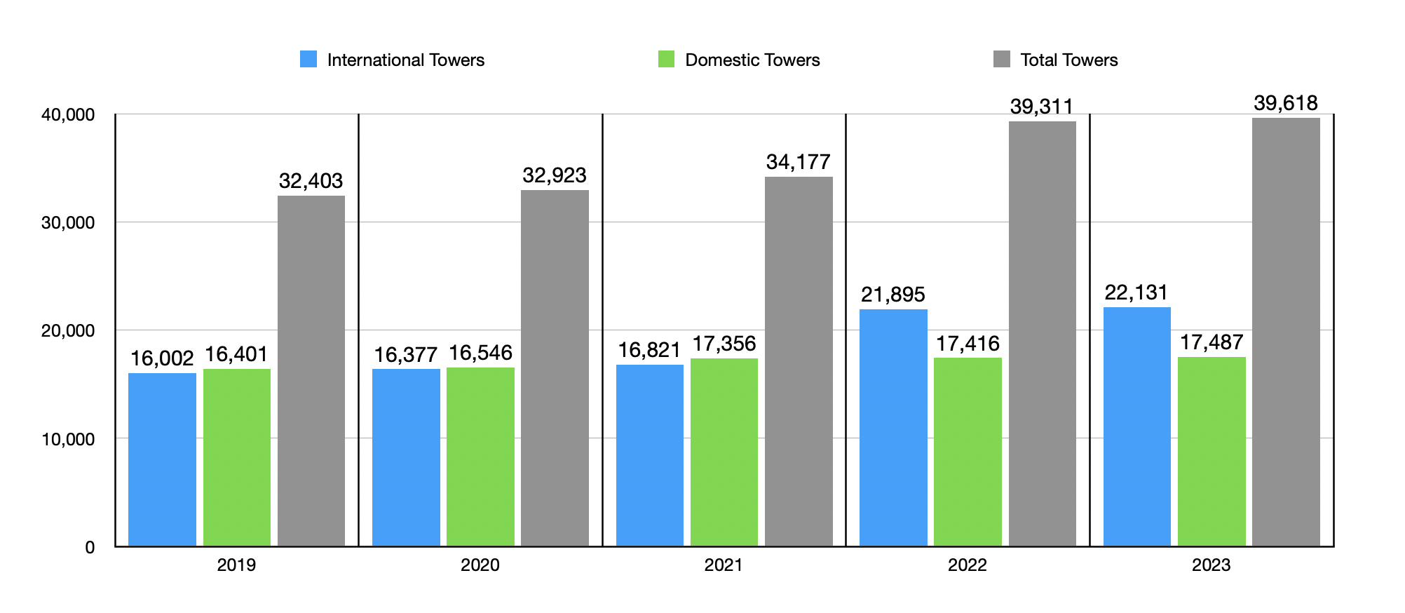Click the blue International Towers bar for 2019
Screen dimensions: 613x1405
click(162, 459)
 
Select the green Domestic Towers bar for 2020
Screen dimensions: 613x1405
click(480, 457)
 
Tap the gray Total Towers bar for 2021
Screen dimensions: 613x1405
click(799, 361)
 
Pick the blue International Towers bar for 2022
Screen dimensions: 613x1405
click(893, 428)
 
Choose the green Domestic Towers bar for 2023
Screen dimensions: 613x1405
click(1211, 452)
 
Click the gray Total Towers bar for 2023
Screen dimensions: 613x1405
click(1286, 332)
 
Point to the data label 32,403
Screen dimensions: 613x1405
click(311, 181)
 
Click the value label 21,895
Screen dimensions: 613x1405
click(893, 295)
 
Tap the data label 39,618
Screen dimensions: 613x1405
click(1286, 104)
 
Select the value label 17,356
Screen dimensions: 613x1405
click(724, 344)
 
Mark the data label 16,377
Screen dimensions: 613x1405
click(406, 355)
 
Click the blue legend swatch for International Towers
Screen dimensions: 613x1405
click(308, 60)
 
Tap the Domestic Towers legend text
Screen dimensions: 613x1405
click(752, 60)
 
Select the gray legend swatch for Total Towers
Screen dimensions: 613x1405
click(1002, 60)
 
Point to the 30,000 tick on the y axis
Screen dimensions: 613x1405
click(68, 223)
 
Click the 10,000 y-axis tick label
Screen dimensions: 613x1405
click(68, 440)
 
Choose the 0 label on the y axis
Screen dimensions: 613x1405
click(90, 548)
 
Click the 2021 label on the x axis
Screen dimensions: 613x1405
click(724, 565)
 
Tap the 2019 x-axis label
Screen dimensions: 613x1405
click(236, 565)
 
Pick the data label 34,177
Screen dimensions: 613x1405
click(799, 163)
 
